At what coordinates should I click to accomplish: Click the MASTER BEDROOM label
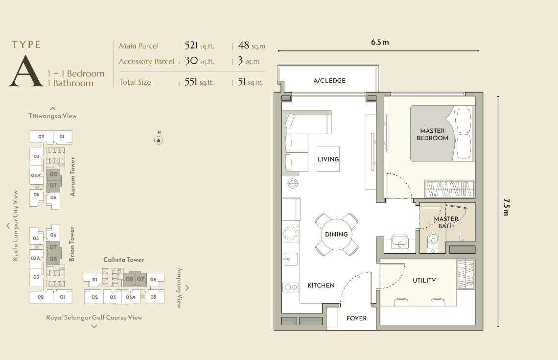click(432, 134)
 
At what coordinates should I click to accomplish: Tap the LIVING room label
click(328, 159)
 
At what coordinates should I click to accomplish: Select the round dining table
click(336, 234)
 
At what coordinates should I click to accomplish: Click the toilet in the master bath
click(433, 242)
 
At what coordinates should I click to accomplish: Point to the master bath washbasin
click(400, 241)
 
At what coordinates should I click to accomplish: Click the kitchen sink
click(290, 259)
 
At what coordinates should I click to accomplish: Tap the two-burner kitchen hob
click(290, 287)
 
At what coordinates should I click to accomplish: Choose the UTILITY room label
click(424, 281)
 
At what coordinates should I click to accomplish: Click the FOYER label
click(356, 318)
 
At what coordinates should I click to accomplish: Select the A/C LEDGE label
click(329, 80)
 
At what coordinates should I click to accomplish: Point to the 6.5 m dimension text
click(380, 43)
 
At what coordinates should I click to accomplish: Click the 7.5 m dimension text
click(507, 207)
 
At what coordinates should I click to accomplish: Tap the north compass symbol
click(159, 140)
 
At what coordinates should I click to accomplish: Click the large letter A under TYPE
click(25, 71)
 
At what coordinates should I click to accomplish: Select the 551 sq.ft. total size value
click(199, 82)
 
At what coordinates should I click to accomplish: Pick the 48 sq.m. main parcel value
click(252, 46)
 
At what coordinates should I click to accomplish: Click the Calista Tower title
click(124, 260)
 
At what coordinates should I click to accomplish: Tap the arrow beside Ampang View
click(187, 288)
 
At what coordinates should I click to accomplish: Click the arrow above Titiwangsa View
click(53, 108)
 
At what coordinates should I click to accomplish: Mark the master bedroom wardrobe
click(450, 189)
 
